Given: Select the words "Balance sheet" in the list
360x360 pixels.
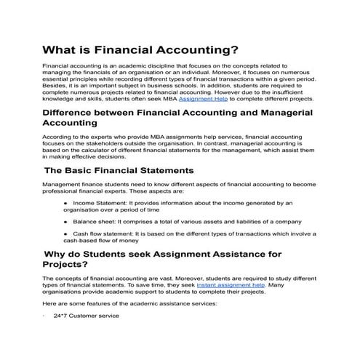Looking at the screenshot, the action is pyautogui.click(x=93, y=220).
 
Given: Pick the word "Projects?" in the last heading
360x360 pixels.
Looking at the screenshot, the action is pyautogui.click(x=76, y=265).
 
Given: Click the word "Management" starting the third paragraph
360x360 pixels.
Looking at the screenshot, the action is pyautogui.click(x=63, y=185).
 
